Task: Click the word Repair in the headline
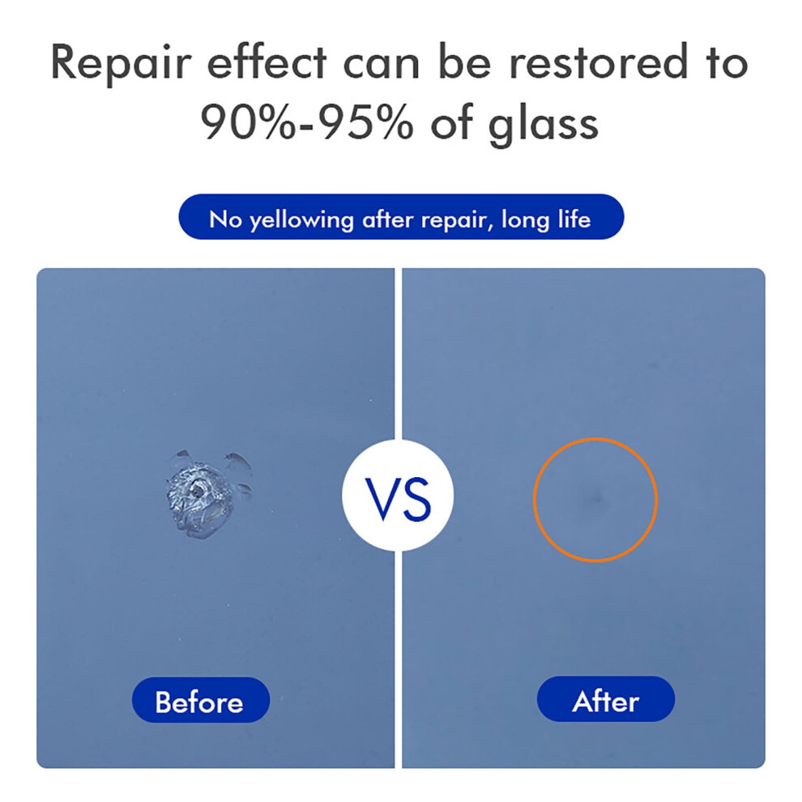[122, 63]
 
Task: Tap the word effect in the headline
[267, 62]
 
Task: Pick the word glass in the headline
[544, 123]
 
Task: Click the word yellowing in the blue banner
[302, 220]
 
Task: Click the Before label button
[201, 700]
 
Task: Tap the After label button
[606, 699]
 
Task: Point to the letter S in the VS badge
[417, 500]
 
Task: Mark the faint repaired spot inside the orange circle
[595, 497]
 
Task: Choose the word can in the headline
[382, 67]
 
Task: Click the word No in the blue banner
[225, 220]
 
